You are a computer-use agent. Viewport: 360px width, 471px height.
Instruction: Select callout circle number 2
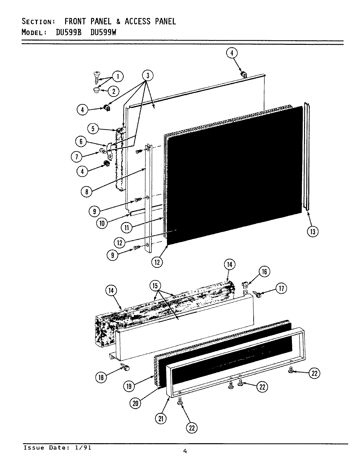point(113,91)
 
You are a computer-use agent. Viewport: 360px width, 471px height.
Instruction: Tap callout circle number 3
point(148,76)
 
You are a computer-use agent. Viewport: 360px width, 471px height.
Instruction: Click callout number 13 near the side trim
point(313,231)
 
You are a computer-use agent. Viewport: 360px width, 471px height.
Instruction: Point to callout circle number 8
point(86,192)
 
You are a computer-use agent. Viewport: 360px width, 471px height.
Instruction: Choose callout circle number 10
point(102,223)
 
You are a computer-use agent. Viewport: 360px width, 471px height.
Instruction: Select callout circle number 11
point(127,227)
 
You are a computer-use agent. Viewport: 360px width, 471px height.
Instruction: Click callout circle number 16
point(264,271)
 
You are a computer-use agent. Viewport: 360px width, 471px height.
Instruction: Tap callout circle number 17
point(281,288)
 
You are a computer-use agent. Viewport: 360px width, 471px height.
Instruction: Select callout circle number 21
point(160,419)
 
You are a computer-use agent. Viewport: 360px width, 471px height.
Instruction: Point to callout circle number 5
point(93,129)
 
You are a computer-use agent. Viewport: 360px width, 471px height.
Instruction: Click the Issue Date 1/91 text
point(57,448)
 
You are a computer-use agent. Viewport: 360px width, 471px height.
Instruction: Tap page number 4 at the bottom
point(185,452)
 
